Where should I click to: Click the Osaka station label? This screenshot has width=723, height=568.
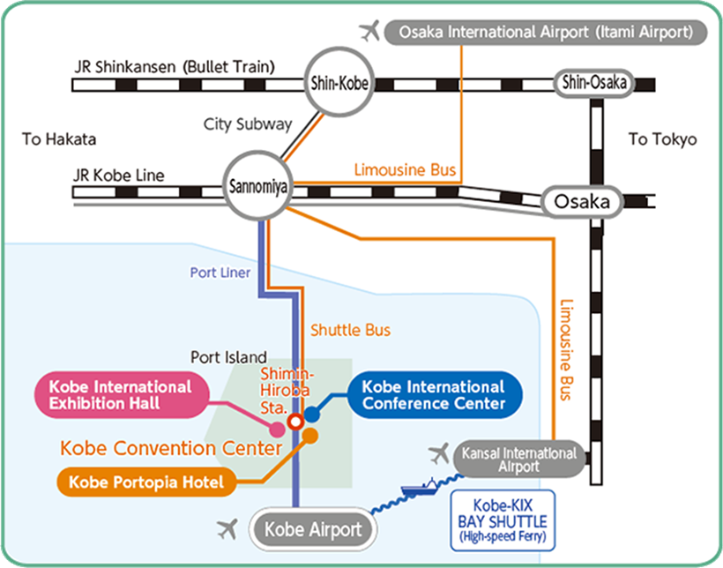[x=582, y=202]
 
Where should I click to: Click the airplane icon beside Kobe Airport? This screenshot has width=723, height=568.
[x=227, y=529]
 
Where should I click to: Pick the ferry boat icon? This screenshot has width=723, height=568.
[x=420, y=487]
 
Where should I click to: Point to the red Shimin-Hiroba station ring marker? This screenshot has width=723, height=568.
[x=296, y=421]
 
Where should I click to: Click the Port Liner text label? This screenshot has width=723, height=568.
[x=220, y=273]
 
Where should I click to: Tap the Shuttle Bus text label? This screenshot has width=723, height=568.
[x=350, y=330]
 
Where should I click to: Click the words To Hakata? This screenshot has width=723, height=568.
[x=59, y=139]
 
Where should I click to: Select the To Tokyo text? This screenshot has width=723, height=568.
[x=662, y=139]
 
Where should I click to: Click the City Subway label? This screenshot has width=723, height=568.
[x=247, y=124]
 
